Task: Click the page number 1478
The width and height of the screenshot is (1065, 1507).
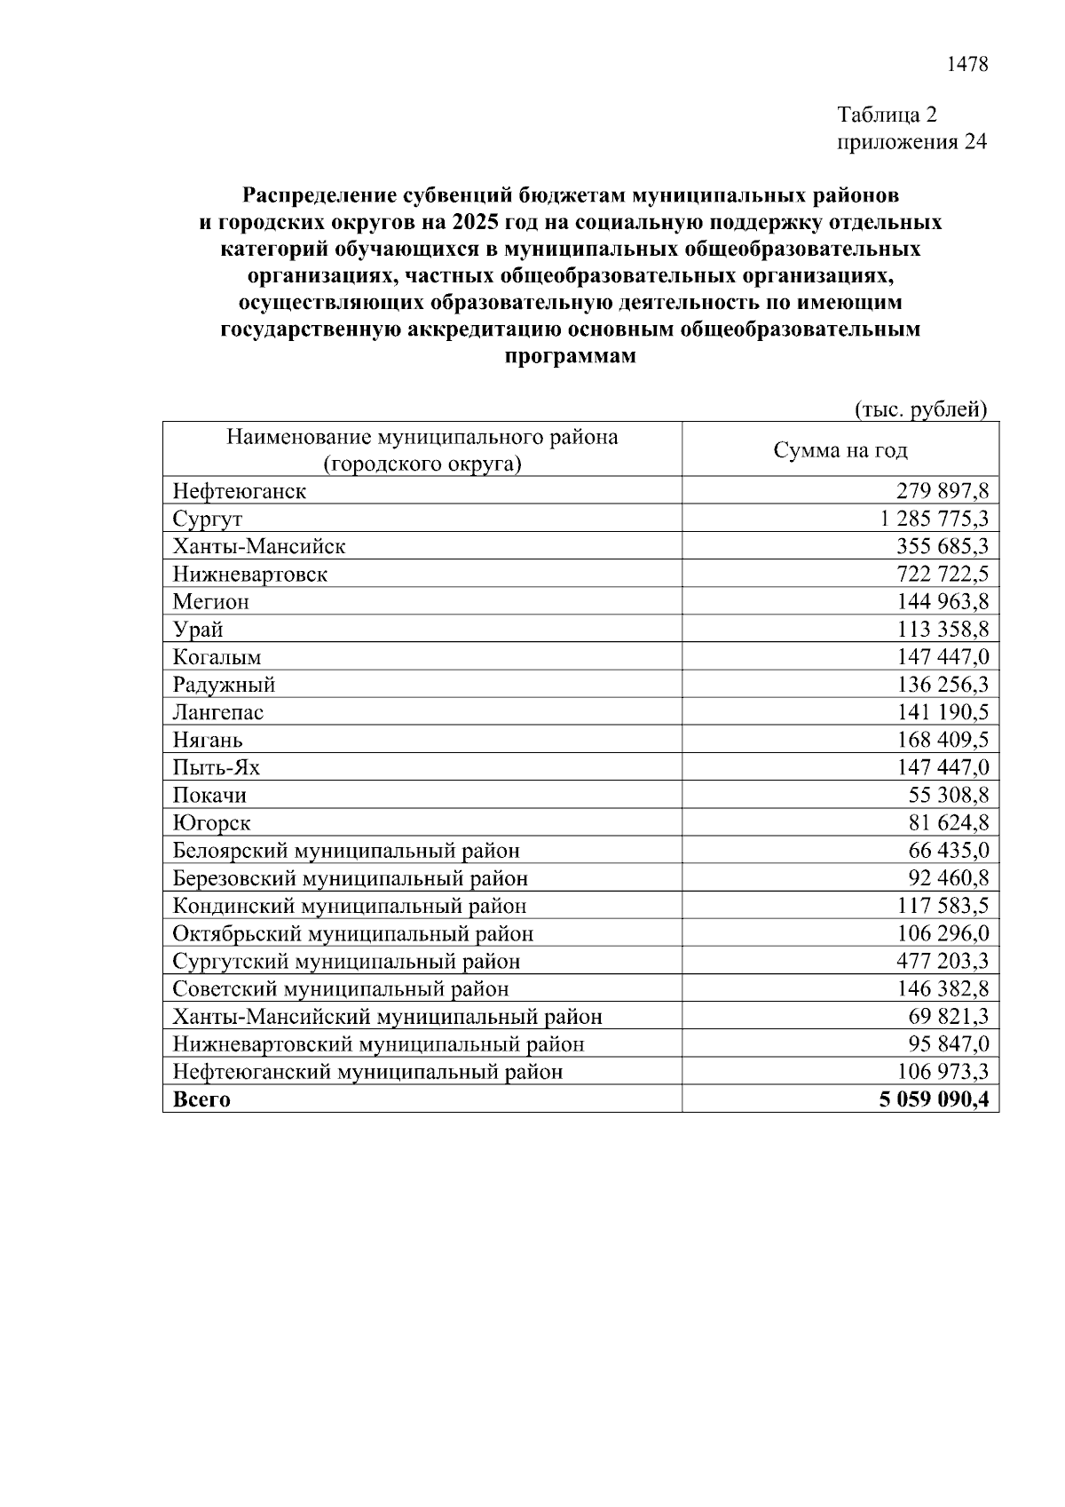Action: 967,65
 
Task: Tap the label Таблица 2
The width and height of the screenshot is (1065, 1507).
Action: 887,115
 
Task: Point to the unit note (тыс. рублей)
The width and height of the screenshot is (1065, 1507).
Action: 920,409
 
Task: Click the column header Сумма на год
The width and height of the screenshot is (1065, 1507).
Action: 840,450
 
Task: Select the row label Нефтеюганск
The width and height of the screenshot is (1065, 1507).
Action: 240,491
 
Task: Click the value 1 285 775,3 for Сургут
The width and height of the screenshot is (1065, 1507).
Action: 932,519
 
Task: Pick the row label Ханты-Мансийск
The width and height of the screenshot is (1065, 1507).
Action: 259,546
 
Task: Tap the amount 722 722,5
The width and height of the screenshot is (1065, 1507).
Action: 943,574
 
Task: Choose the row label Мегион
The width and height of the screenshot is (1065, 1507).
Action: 211,602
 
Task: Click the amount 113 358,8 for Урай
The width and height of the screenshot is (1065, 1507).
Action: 943,630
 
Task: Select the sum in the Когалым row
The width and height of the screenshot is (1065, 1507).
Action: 943,657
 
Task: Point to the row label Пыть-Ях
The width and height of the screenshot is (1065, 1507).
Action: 217,767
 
